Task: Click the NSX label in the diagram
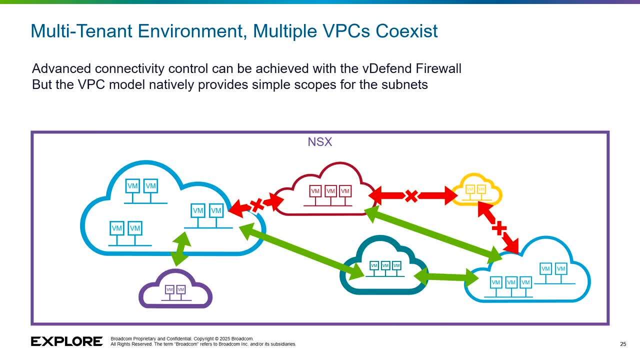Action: point(319,142)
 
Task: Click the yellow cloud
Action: point(476,190)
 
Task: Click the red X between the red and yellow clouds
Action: point(411,195)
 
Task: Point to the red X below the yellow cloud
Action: point(498,228)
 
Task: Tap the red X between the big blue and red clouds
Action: point(257,204)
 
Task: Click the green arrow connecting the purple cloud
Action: point(181,249)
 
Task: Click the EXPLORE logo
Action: point(66,341)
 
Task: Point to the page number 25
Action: point(623,344)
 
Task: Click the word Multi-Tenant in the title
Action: point(81,31)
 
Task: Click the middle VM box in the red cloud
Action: point(330,191)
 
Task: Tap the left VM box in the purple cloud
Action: point(169,289)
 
